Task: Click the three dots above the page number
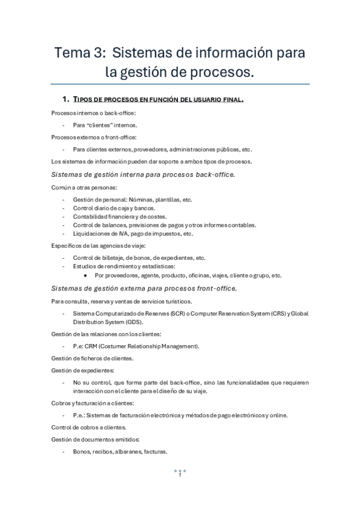(180, 470)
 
